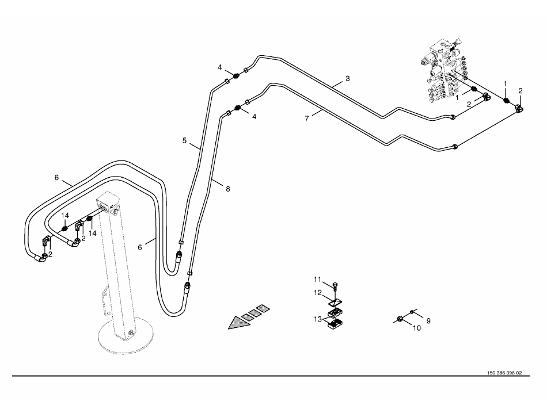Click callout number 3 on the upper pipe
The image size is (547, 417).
coord(347,78)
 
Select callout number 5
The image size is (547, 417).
coord(184,140)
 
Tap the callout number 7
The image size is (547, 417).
coord(307,118)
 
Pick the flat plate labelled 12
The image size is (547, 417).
coord(336,301)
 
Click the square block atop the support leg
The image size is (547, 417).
coord(108,203)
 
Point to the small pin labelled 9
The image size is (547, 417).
coord(412,312)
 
